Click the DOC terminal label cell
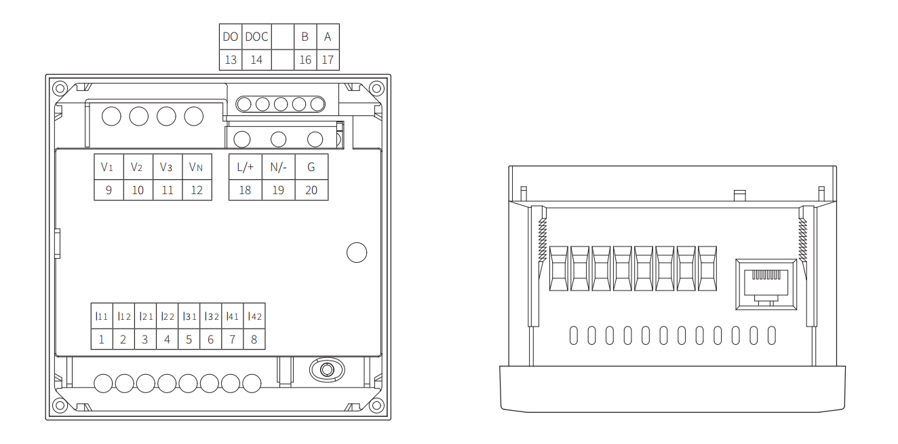(x=256, y=37)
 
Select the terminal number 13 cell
(x=231, y=60)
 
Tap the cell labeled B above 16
(x=305, y=37)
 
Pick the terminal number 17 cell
(x=328, y=60)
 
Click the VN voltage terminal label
(x=197, y=167)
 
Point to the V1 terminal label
(x=109, y=167)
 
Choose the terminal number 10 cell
(x=138, y=190)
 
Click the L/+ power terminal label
(x=245, y=167)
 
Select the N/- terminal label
(x=278, y=167)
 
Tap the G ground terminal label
(x=311, y=167)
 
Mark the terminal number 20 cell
(x=311, y=190)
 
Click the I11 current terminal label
(x=102, y=316)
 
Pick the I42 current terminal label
(x=254, y=316)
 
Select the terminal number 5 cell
(x=189, y=339)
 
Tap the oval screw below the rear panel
(x=326, y=370)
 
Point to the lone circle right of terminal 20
(x=357, y=253)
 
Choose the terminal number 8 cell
(x=254, y=339)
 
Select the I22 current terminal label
(x=167, y=316)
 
